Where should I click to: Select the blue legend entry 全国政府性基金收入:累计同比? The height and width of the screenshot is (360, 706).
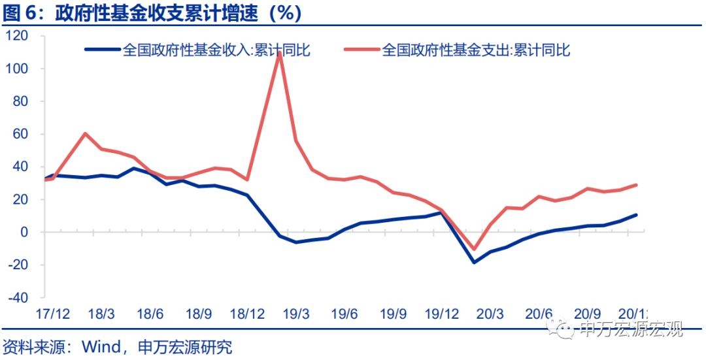pyautogui.click(x=216, y=50)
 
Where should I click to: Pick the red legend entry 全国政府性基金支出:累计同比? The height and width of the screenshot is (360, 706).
pyautogui.click(x=476, y=50)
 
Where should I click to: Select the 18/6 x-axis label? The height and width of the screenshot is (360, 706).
pyautogui.click(x=150, y=313)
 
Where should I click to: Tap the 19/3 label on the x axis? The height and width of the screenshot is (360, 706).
pyautogui.click(x=295, y=313)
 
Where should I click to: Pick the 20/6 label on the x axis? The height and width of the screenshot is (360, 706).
pyautogui.click(x=539, y=313)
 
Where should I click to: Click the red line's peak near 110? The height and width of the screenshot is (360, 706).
pyautogui.click(x=280, y=53)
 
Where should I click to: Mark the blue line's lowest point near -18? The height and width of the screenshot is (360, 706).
pyautogui.click(x=474, y=262)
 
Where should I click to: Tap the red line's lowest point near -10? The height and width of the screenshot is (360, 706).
pyautogui.click(x=474, y=249)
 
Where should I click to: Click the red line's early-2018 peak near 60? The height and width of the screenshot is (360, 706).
pyautogui.click(x=86, y=133)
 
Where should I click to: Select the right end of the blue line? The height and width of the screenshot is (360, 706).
pyautogui.click(x=636, y=215)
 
